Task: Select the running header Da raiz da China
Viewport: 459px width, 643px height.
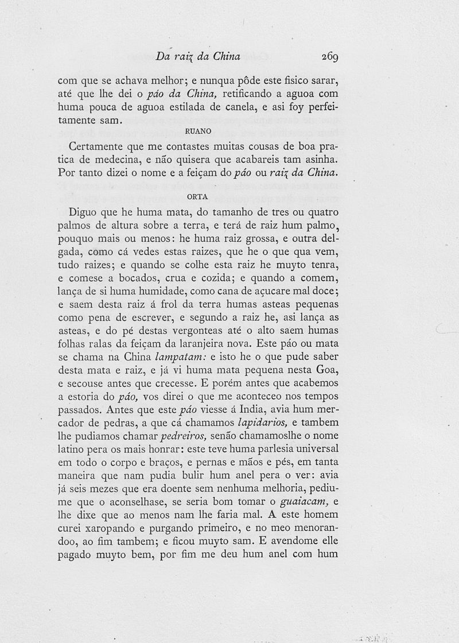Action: point(197,57)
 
